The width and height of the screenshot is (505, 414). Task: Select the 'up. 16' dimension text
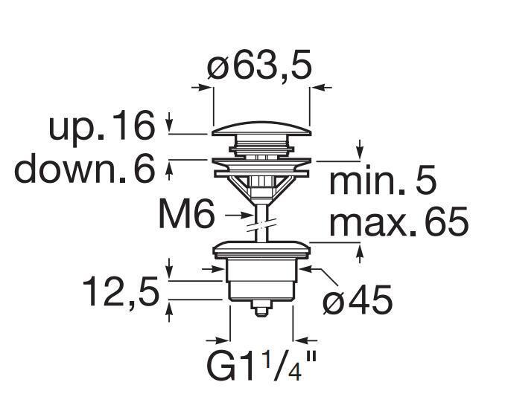102,126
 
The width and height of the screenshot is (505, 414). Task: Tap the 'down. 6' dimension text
84,169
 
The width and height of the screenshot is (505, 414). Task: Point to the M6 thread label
186,216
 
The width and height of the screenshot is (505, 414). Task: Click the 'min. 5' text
382,182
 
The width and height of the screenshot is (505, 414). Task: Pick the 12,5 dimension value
121,291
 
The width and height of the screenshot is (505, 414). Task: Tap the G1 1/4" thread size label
261,366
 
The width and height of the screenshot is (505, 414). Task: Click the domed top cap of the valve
260,130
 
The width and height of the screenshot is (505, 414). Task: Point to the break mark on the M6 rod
260,220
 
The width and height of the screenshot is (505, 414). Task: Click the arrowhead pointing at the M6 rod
249,216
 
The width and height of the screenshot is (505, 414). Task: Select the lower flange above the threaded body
260,249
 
